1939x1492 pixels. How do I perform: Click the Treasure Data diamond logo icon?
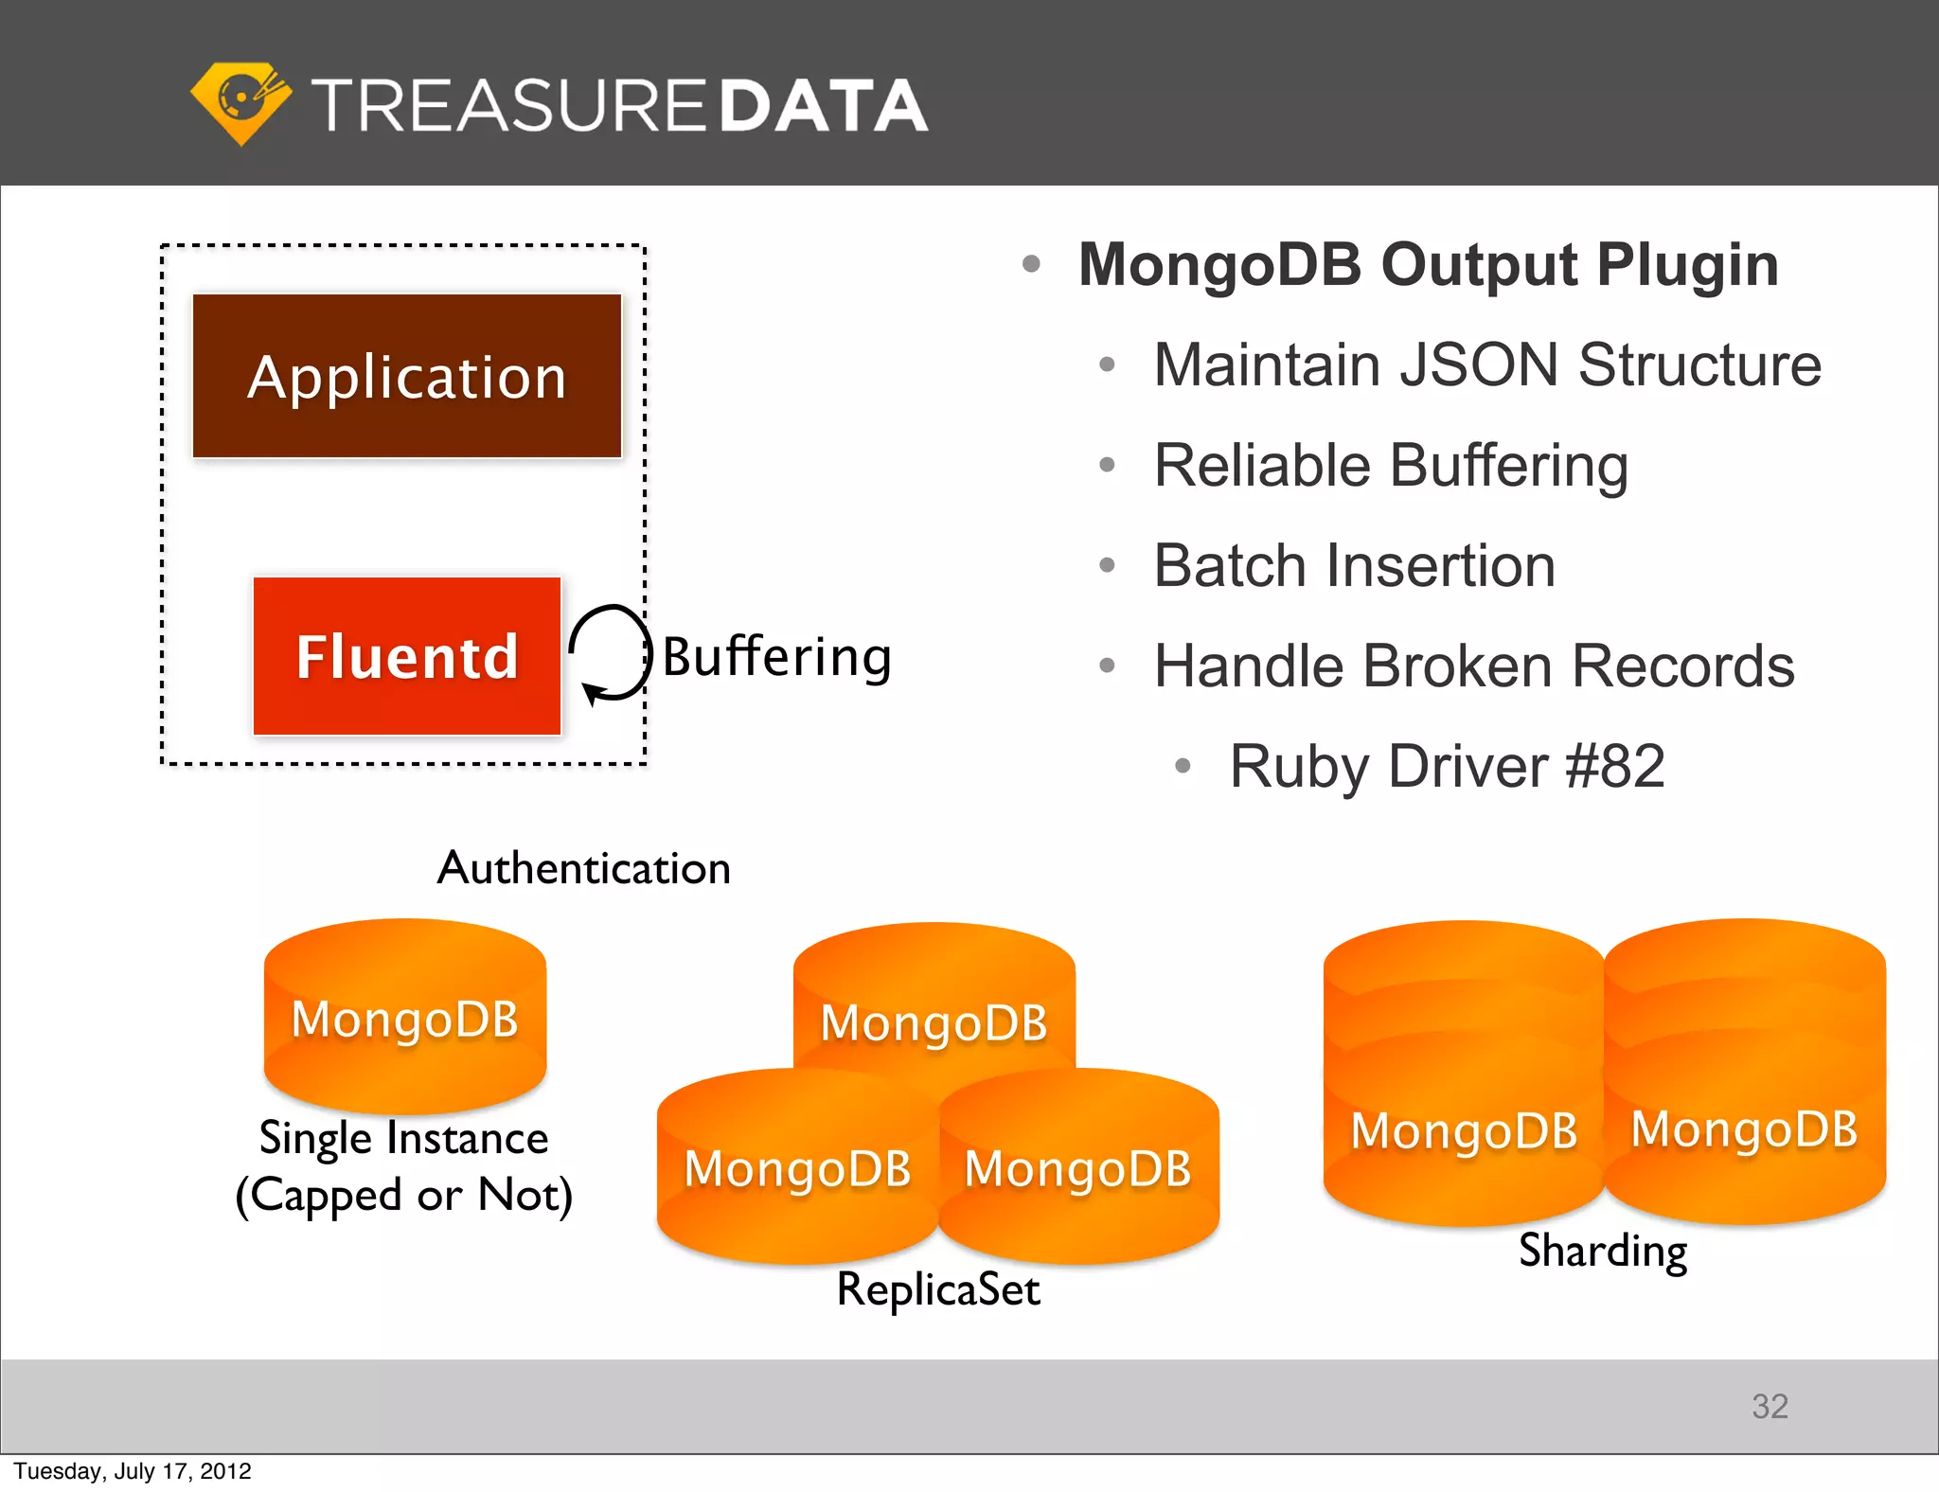[x=240, y=102]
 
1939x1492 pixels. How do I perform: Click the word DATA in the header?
[x=824, y=105]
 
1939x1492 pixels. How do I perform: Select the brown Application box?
[x=407, y=377]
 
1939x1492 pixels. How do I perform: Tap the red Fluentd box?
[x=407, y=656]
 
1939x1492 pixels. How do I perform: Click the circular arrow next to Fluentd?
[x=610, y=654]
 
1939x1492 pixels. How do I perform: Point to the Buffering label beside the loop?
[x=776, y=656]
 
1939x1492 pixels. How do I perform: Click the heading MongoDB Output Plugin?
[x=1428, y=264]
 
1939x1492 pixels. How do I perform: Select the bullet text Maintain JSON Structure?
[x=1486, y=364]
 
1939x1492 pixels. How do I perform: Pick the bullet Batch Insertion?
[x=1354, y=565]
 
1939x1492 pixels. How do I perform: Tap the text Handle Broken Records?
[x=1473, y=666]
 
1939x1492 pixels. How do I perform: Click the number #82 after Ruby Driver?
[x=1615, y=766]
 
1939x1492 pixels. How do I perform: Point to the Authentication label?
[x=583, y=868]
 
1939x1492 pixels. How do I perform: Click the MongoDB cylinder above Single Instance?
[x=405, y=1018]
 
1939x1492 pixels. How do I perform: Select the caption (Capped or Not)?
[x=404, y=1195]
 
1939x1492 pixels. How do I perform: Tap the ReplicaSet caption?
[x=938, y=1289]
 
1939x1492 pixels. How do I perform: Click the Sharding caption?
[x=1603, y=1251]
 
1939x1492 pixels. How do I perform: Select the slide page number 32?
[x=1770, y=1406]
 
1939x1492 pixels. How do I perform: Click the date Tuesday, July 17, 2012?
[x=133, y=1471]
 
